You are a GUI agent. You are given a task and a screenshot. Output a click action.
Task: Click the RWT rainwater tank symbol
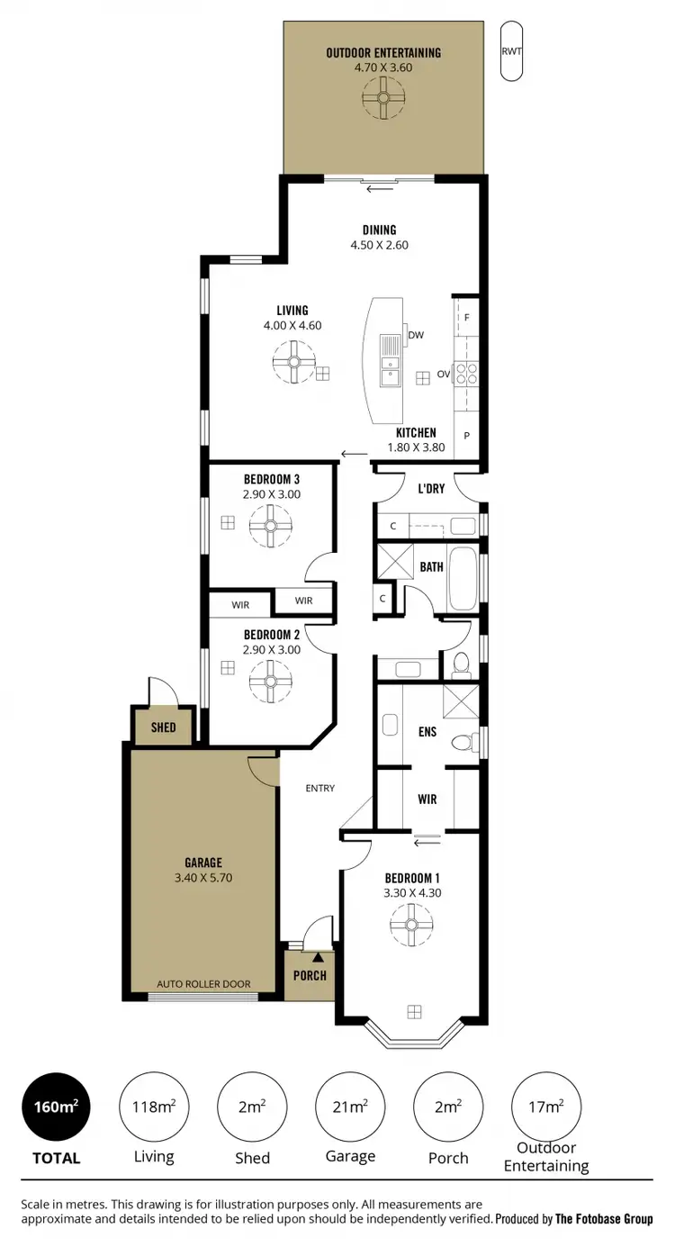click(511, 51)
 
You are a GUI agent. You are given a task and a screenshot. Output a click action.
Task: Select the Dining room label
click(379, 230)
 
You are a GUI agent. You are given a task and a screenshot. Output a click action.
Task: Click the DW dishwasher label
click(416, 335)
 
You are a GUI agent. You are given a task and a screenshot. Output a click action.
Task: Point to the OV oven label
click(444, 374)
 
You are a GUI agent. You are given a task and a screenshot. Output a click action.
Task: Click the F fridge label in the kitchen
click(467, 317)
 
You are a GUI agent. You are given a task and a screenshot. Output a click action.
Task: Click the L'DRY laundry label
click(431, 489)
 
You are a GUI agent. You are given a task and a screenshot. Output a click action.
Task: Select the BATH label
click(431, 566)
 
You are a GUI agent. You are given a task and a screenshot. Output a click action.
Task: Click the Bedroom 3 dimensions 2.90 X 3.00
click(272, 494)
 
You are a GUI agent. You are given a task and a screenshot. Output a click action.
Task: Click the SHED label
click(163, 727)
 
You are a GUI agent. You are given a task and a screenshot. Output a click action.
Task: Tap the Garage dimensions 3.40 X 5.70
click(203, 878)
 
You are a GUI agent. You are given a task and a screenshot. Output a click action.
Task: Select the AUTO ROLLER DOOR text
click(203, 984)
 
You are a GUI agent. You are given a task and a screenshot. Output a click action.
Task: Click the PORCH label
click(309, 975)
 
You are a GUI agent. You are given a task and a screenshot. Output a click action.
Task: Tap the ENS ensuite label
click(427, 732)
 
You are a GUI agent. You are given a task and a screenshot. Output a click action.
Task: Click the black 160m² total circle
click(56, 1107)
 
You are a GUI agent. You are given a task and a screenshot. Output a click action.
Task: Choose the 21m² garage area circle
click(350, 1107)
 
